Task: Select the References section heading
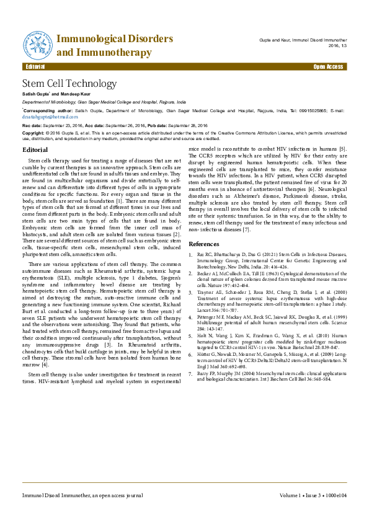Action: pyautogui.click(x=204, y=244)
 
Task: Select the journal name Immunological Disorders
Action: pyautogui.click(x=115, y=39)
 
